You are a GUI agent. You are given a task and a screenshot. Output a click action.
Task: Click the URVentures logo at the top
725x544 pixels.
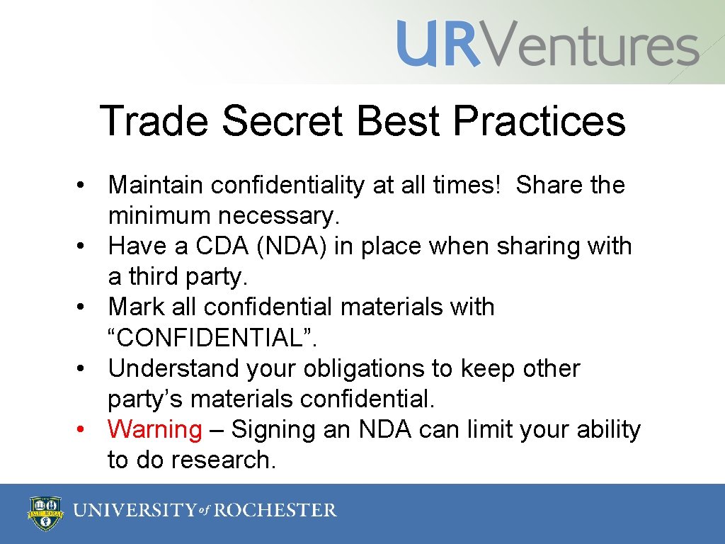(x=547, y=44)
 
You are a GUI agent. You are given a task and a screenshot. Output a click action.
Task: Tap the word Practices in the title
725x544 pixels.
(x=539, y=121)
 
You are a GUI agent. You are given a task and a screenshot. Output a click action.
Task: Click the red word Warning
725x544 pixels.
(x=154, y=429)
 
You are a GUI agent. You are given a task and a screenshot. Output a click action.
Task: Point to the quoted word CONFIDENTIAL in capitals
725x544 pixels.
(x=212, y=338)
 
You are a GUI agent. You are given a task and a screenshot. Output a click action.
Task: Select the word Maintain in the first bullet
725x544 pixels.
(x=156, y=186)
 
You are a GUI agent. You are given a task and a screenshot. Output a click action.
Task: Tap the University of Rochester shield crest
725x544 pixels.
(x=44, y=511)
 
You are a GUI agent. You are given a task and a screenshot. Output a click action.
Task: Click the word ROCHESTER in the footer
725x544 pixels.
(x=276, y=510)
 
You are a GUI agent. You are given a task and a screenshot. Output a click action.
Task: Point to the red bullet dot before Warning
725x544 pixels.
(x=83, y=430)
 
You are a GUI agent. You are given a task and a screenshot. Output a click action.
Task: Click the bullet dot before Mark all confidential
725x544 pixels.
(x=83, y=307)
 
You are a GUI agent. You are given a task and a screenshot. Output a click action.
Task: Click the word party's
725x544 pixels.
(x=146, y=399)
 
